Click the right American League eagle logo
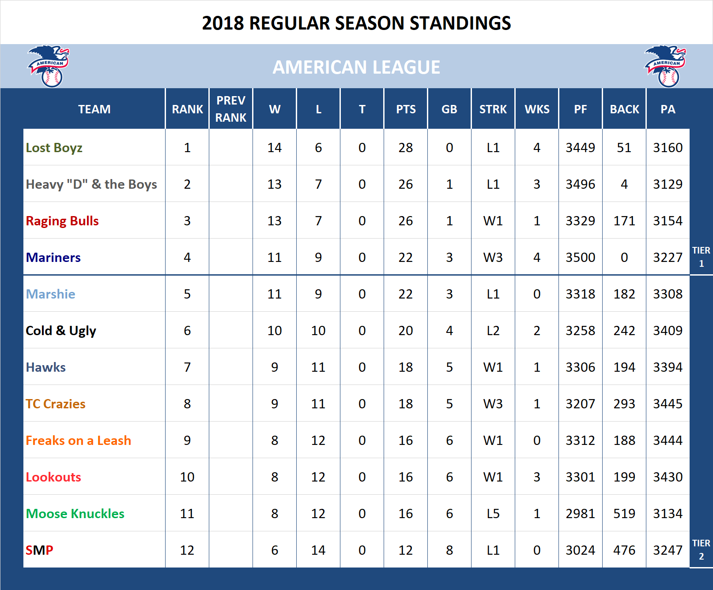tap(665, 66)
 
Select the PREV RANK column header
tap(230, 109)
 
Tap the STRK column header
tap(493, 109)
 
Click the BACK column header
tap(624, 109)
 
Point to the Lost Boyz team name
tap(54, 148)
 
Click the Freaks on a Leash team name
tap(78, 441)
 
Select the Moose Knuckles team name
tap(75, 514)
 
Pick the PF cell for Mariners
tap(580, 258)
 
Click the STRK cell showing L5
tap(493, 514)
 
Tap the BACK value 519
tap(624, 514)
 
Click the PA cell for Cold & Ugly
tap(668, 331)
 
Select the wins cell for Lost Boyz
tap(274, 148)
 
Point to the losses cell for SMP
tap(318, 550)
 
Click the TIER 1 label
tap(701, 257)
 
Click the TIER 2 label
tap(701, 549)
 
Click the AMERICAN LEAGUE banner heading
tap(356, 67)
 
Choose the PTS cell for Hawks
tap(405, 367)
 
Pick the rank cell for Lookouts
tap(187, 477)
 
